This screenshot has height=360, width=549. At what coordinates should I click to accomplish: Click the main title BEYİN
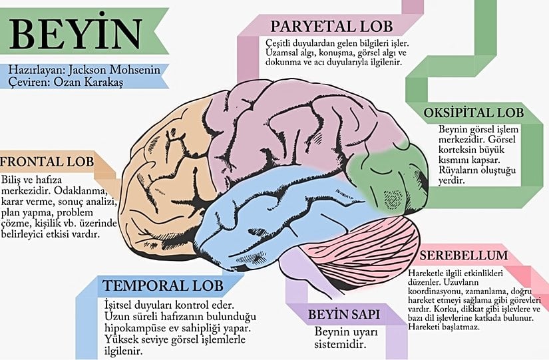77,33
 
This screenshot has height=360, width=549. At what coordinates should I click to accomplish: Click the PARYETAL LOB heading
331,27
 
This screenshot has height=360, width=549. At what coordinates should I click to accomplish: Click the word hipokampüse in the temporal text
134,329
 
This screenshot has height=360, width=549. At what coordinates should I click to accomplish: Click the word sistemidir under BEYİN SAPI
340,344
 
